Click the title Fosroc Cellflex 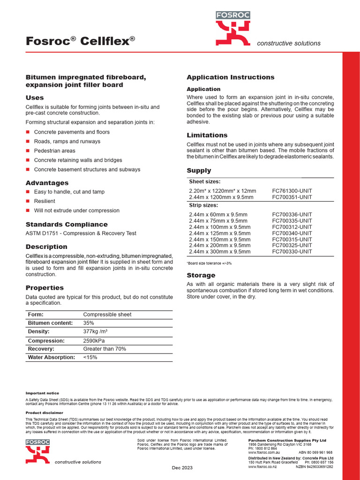80,41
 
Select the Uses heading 35,97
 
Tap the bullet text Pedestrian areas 54,151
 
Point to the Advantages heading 47,183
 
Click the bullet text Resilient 45,201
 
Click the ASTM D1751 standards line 81,233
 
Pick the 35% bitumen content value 89,323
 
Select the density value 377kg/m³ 96,332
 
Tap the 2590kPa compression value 95,341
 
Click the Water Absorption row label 52,357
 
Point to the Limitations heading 207,135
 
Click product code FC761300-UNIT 292,191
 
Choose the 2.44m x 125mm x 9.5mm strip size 219,233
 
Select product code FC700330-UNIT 292,251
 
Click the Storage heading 201,275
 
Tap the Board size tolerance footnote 209,263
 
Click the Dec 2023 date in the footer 182,468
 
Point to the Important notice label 42,393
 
